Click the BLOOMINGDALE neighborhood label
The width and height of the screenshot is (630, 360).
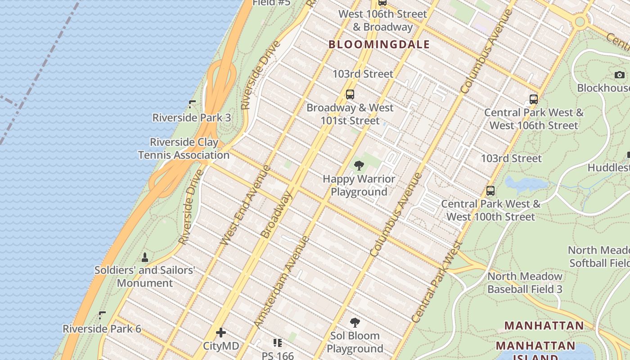379,44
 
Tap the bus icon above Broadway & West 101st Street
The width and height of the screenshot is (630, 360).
350,94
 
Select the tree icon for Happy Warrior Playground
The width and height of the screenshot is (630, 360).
359,166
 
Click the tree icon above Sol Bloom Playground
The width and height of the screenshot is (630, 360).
355,323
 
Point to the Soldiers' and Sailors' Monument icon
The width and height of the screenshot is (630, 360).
145,257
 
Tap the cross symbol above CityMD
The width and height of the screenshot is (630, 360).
221,333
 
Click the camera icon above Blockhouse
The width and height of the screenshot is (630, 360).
620,75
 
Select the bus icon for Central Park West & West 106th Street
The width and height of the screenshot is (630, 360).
534,99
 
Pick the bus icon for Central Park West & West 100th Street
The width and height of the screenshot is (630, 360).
490,191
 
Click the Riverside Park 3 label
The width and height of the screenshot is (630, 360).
192,118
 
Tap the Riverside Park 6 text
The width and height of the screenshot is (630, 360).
102,329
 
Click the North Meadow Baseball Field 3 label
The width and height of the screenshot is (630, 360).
525,283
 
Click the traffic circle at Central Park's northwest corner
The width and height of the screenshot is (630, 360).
580,21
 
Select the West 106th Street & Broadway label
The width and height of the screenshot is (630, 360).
382,20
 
